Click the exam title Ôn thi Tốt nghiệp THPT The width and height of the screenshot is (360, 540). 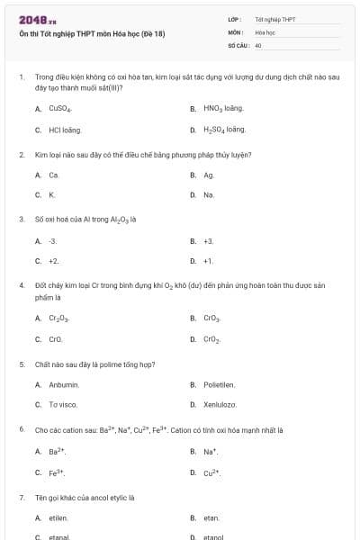pyautogui.click(x=93, y=34)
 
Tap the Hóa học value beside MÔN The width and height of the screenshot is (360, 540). pyautogui.click(x=265, y=31)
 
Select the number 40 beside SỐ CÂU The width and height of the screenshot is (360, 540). pyautogui.click(x=258, y=44)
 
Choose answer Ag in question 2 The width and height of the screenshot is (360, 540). pyautogui.click(x=209, y=175)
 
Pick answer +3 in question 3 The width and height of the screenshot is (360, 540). pyautogui.click(x=209, y=240)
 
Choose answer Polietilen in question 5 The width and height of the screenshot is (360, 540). pyautogui.click(x=219, y=384)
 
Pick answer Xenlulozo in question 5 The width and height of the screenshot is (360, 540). pyautogui.click(x=220, y=405)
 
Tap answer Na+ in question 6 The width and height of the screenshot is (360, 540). pyautogui.click(x=211, y=451)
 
